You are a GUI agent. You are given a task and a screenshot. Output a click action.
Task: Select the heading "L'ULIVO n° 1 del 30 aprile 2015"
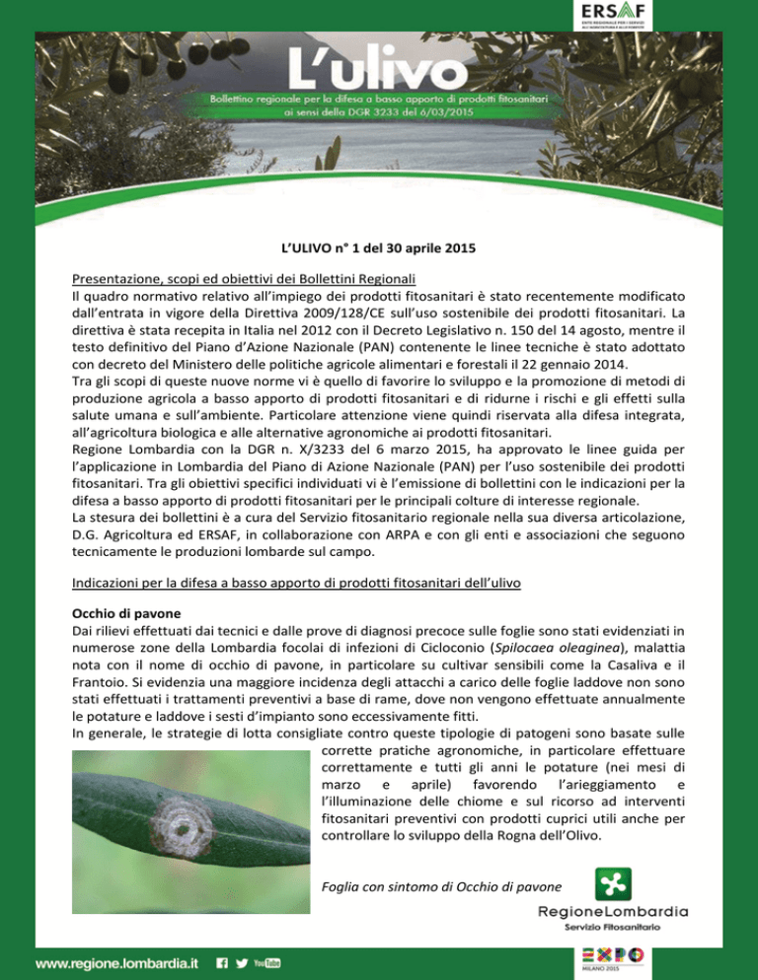(x=378, y=251)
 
